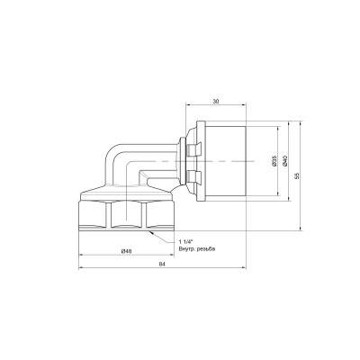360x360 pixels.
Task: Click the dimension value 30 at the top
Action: tap(216, 102)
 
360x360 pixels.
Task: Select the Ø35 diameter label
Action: tap(274, 161)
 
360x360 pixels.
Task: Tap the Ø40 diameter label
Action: tap(285, 161)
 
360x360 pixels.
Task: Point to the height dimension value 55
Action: tap(297, 175)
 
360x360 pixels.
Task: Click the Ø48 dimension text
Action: tap(126, 251)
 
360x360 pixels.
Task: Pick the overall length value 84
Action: tap(162, 265)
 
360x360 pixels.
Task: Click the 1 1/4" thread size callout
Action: tap(186, 242)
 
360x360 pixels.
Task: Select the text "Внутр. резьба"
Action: tap(197, 248)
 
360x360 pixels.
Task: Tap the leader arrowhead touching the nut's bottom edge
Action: tap(152, 232)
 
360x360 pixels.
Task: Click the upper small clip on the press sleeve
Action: tap(194, 149)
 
